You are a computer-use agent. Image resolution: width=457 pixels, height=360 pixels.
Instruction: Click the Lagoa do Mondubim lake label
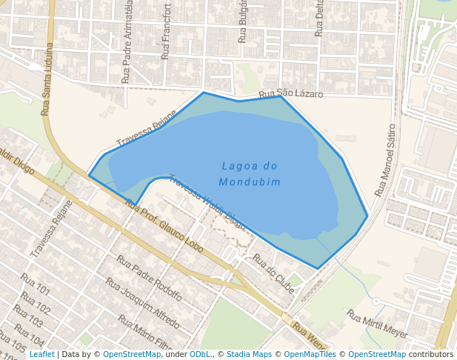(x=250, y=174)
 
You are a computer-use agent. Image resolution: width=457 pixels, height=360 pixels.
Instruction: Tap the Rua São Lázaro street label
(x=291, y=95)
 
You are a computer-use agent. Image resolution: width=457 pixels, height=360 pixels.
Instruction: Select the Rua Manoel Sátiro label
(x=386, y=160)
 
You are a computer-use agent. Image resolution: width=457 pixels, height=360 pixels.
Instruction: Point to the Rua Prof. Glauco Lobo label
(x=164, y=226)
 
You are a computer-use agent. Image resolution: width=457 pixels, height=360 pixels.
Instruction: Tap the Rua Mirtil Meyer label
(x=377, y=324)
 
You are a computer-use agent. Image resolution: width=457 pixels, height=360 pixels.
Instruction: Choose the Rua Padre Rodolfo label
(x=149, y=277)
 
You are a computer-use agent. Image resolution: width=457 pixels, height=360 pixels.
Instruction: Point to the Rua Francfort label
(x=167, y=32)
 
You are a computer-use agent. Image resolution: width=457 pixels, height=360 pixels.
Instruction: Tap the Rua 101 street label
(x=35, y=284)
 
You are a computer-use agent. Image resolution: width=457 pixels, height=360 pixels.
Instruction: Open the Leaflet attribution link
(x=41, y=354)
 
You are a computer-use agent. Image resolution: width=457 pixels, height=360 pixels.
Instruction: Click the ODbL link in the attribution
(x=200, y=354)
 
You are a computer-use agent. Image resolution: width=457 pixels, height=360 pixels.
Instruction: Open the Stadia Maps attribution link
(x=249, y=354)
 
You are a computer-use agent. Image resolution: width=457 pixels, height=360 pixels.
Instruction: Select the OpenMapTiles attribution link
(x=310, y=354)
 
